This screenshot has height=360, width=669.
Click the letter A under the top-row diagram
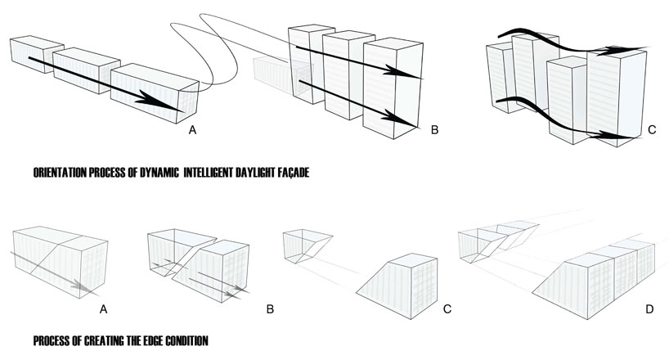pyautogui.click(x=192, y=131)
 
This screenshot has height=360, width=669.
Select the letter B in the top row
pyautogui.click(x=435, y=131)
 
